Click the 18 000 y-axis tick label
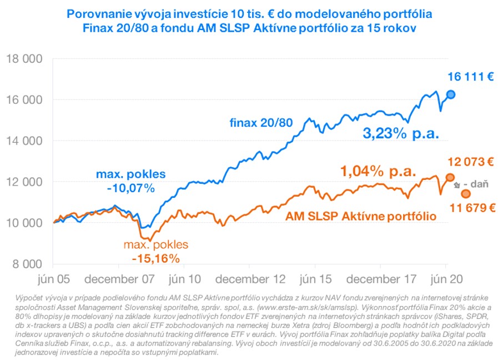click(24, 59)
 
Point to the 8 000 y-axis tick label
click(27, 264)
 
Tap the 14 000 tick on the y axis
click(24, 141)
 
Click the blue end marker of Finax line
click(451, 94)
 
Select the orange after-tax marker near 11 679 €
click(466, 193)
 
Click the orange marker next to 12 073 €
click(451, 177)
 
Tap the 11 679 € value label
click(472, 208)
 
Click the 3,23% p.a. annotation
click(401, 134)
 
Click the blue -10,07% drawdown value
click(131, 188)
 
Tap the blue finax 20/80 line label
click(261, 122)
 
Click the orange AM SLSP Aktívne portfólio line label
click(361, 216)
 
